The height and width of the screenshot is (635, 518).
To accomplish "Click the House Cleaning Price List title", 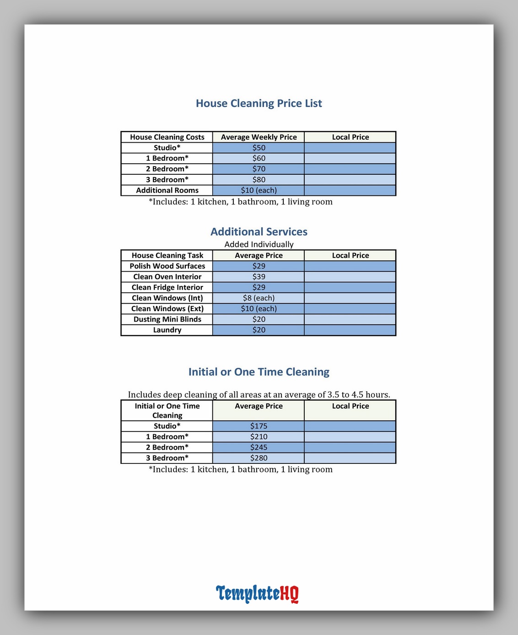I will [x=259, y=103].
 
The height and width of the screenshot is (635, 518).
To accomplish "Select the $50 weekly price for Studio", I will [x=259, y=148].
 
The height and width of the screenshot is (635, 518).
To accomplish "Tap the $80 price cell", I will [x=259, y=180].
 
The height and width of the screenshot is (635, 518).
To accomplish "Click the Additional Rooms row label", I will [x=167, y=190].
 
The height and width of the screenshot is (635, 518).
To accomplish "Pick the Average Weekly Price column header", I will [x=259, y=137].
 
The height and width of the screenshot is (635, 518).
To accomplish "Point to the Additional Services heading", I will [x=259, y=232].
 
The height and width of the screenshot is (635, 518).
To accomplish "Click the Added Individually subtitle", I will [x=259, y=244].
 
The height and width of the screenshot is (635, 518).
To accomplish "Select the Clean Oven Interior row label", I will [x=167, y=277].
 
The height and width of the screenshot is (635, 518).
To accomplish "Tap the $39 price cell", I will [x=259, y=277].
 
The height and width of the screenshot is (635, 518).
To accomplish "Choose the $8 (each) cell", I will [x=259, y=298].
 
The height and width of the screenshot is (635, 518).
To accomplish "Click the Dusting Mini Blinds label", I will [x=167, y=319].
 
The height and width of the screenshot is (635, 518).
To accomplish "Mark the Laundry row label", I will [x=167, y=330].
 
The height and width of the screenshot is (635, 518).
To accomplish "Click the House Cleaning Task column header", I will [x=167, y=255].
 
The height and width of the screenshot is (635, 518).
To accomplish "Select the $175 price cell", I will [x=259, y=426].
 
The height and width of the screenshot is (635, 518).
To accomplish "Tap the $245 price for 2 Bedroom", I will [x=259, y=447].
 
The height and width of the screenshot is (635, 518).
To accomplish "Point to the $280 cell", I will [x=259, y=458].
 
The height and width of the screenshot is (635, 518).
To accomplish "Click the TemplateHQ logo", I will [x=257, y=593].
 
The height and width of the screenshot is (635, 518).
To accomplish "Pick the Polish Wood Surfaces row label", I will [x=167, y=266].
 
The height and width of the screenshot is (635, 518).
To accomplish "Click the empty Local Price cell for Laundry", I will [x=350, y=330].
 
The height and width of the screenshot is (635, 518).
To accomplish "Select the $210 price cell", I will [x=259, y=437].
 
